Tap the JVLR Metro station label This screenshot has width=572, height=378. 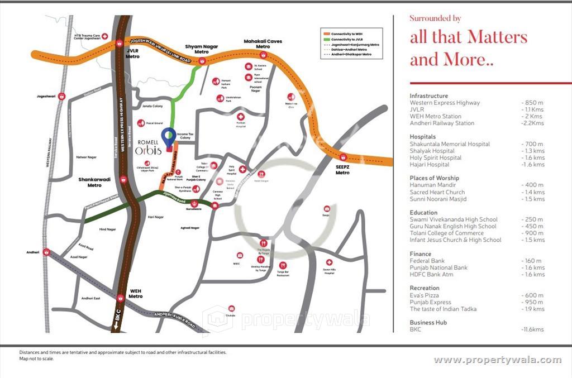pyautogui.click(x=132, y=54)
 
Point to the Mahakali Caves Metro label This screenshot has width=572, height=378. pyautogui.click(x=263, y=44)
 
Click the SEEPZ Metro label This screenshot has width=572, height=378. pyautogui.click(x=342, y=169)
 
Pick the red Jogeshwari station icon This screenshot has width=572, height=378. pyautogui.click(x=61, y=96)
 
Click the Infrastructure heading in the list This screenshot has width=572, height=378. pyautogui.click(x=428, y=96)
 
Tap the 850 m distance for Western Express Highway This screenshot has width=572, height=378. pyautogui.click(x=532, y=103)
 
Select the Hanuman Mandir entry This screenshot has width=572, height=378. pyautogui.click(x=432, y=185)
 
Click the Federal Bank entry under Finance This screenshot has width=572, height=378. pyautogui.click(x=427, y=261)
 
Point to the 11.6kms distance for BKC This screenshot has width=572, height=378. pyautogui.click(x=532, y=329)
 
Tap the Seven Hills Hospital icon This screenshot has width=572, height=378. pyautogui.click(x=330, y=262)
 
